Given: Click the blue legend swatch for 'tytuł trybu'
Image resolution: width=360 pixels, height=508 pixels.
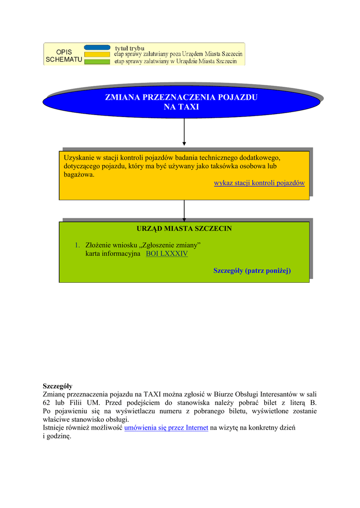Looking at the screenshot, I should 97,48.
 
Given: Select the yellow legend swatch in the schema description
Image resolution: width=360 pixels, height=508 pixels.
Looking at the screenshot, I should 97,54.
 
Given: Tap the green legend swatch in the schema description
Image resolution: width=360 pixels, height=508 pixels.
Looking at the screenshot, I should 97,62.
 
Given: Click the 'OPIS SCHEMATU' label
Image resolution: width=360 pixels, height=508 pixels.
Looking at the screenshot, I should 64,56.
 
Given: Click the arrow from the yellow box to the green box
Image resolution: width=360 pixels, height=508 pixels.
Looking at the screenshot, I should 184,210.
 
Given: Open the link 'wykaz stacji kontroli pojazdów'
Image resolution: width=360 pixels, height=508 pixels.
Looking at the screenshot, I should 259,183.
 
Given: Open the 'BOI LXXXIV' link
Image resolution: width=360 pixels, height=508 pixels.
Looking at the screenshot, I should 167,254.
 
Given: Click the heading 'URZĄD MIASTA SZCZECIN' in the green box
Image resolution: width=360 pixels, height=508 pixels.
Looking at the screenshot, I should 184,229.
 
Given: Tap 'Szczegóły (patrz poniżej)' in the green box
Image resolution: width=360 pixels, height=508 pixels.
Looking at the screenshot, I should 252,270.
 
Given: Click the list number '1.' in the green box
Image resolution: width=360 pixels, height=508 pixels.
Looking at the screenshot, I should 77,245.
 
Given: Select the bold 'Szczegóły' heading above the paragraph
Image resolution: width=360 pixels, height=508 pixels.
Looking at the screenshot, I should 58,385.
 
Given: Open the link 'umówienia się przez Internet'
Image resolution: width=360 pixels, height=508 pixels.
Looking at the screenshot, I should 166,427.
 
